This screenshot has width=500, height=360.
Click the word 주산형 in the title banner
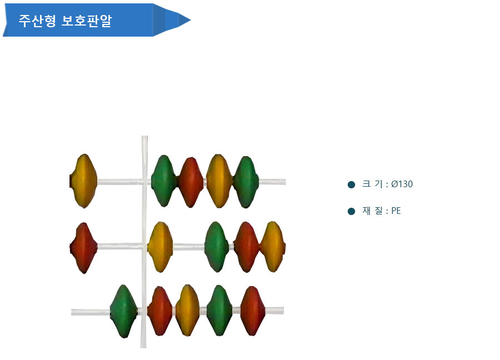tap(37, 21)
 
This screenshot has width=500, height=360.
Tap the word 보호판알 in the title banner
tap(87, 21)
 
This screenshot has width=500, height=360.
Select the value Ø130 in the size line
tap(402, 184)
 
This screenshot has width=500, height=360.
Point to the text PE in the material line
tap(396, 211)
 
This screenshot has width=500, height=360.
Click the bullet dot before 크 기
tap(352, 184)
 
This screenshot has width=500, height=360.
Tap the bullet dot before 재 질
tap(352, 212)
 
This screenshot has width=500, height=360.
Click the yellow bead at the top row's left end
tap(83, 181)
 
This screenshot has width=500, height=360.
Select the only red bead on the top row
tap(191, 182)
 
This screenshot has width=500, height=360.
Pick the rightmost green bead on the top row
tap(246, 182)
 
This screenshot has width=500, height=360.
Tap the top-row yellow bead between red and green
tap(219, 181)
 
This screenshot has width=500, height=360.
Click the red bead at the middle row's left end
tap(83, 248)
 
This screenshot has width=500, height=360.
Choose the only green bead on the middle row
tap(217, 247)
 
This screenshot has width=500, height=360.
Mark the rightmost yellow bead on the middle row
tap(273, 247)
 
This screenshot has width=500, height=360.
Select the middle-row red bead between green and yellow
tap(246, 247)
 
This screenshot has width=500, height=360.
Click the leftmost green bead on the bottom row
tap(124, 311)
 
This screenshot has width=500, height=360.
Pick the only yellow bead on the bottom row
tap(188, 310)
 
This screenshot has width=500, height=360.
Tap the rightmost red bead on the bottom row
tap(253, 311)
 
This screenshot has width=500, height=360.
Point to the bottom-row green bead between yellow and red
tap(219, 310)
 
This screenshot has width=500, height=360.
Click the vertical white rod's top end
tap(144, 136)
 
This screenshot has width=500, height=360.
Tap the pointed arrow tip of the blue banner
tap(191, 20)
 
